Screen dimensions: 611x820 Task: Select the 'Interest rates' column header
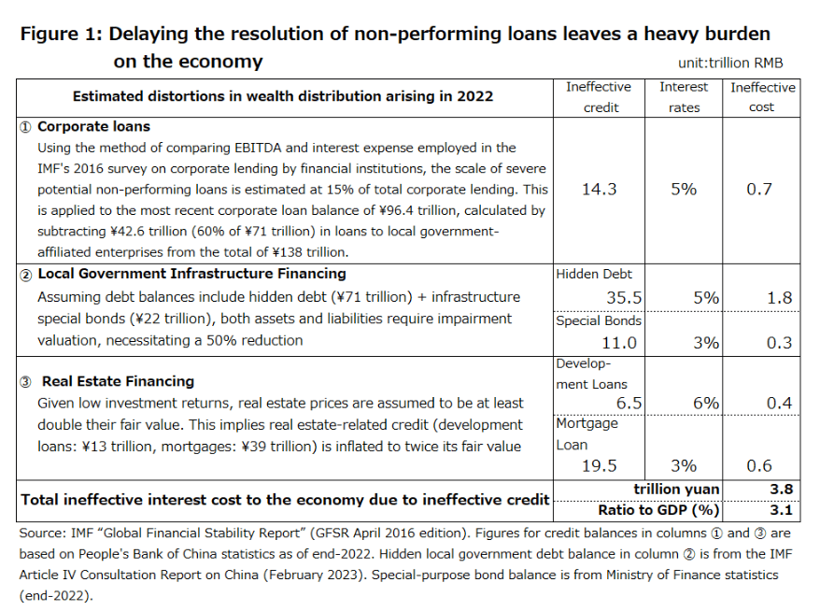[684, 96]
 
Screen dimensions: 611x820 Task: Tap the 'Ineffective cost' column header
[762, 96]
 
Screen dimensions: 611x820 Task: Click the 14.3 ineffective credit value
[599, 189]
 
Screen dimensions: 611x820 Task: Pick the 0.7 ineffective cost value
[759, 189]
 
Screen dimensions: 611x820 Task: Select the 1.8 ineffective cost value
[780, 298]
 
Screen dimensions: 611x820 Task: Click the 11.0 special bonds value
[619, 343]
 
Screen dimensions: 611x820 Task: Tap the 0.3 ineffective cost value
[780, 343]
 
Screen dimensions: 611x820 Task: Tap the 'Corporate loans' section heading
[92, 126]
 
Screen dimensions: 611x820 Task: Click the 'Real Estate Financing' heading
[118, 381]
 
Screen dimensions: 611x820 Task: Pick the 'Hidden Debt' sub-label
[594, 274]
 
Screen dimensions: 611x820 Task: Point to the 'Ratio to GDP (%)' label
[658, 510]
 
